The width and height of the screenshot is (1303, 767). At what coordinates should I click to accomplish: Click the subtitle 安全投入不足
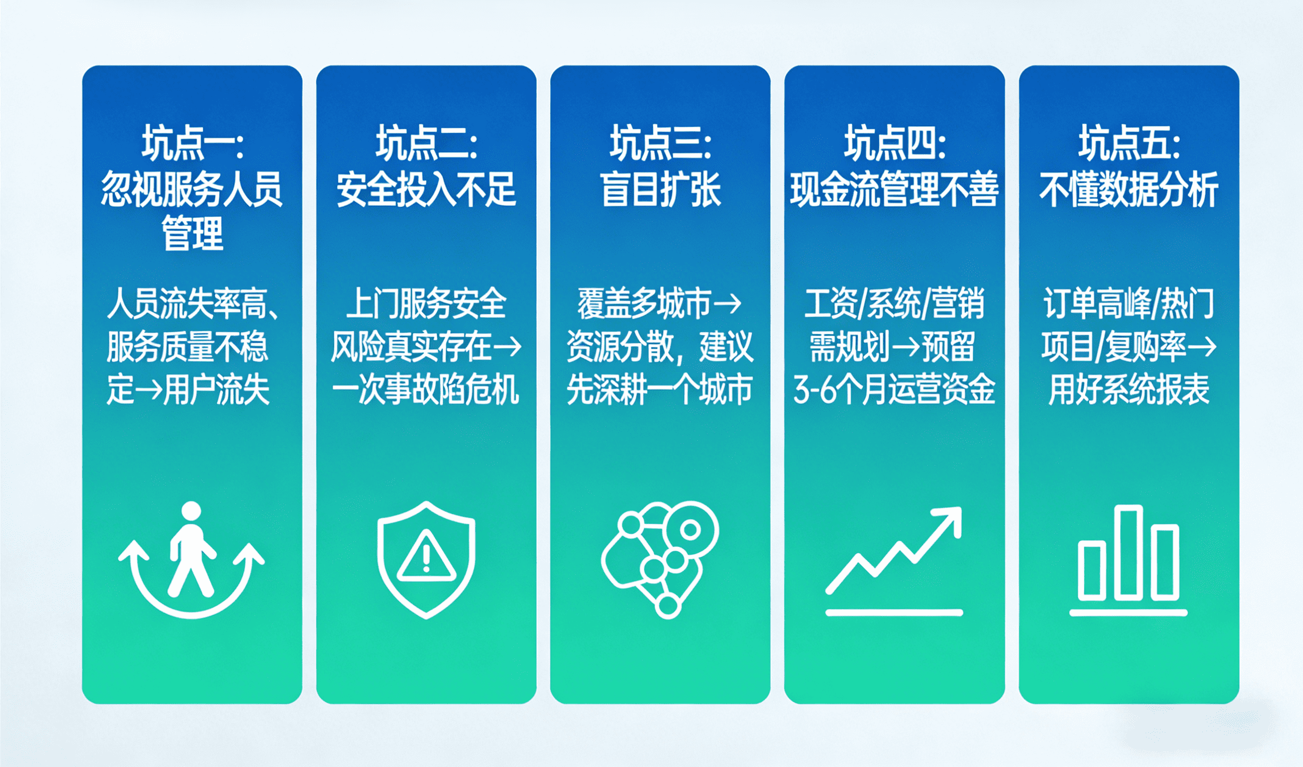click(x=427, y=189)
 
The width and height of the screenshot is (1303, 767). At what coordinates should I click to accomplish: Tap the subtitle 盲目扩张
click(x=661, y=189)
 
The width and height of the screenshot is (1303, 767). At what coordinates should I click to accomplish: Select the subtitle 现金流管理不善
click(x=895, y=189)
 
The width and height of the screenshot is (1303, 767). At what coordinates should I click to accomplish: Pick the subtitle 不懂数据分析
click(x=1129, y=189)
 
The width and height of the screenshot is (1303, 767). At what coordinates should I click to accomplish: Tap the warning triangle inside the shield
click(x=427, y=556)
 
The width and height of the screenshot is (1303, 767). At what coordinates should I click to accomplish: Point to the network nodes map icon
click(x=659, y=560)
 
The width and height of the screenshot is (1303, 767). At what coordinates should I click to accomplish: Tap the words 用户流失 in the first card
click(x=217, y=390)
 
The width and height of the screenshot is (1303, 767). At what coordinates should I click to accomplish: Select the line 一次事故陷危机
click(x=426, y=390)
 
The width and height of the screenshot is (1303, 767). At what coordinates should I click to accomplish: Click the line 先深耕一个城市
click(x=660, y=390)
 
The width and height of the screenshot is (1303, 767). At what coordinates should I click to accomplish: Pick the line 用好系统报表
click(x=1129, y=390)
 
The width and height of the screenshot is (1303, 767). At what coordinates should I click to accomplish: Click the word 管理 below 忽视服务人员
click(x=193, y=234)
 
